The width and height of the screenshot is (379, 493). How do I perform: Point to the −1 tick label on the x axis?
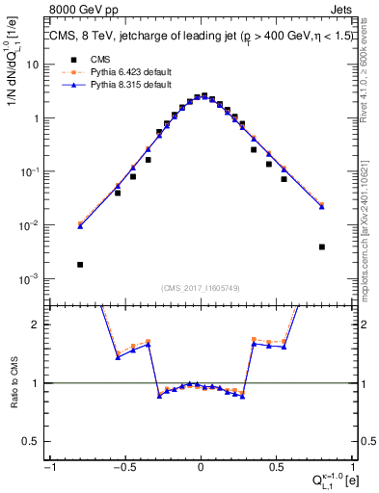50,466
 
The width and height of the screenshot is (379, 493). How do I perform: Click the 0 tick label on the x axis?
201,466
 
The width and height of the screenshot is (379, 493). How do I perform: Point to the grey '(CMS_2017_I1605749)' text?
200,289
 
